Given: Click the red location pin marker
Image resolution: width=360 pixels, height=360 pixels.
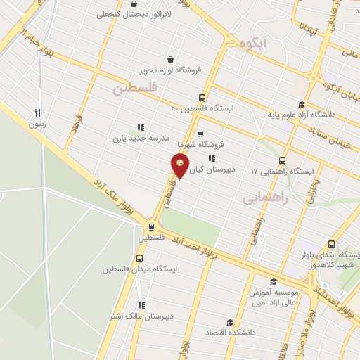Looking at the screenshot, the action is click(x=180, y=167).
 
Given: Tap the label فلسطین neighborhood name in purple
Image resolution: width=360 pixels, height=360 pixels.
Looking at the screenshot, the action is click(x=131, y=89).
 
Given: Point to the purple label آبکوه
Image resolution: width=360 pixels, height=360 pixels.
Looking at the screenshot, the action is click(x=253, y=44).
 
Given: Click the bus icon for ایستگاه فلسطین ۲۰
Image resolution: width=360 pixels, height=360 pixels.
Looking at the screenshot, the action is click(x=202, y=98).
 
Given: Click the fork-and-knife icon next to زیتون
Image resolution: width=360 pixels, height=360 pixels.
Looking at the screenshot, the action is click(x=38, y=112).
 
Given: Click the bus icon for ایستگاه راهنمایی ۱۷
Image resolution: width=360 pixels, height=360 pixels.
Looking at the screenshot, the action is click(x=283, y=160).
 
